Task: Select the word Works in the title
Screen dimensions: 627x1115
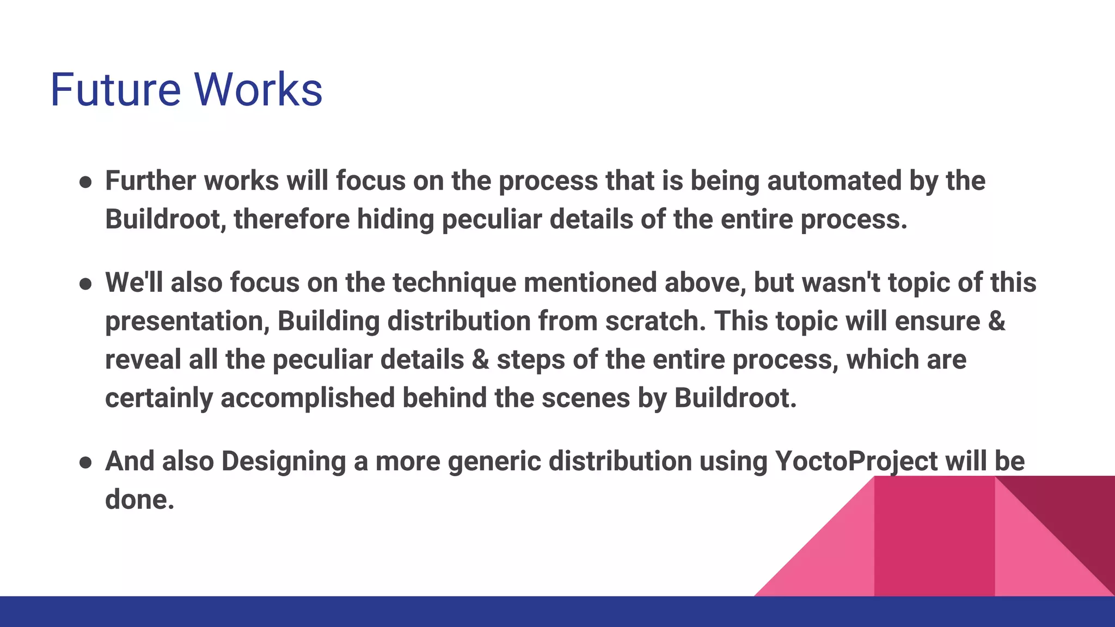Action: tap(258, 89)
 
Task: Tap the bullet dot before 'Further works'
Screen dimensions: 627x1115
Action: tap(85, 182)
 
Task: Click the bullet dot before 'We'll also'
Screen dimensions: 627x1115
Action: tap(85, 284)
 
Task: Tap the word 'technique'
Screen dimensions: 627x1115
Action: tap(454, 283)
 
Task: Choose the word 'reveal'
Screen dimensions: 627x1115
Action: tap(143, 360)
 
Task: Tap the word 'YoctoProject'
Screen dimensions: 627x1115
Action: tap(856, 462)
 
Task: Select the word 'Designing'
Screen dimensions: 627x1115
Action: tap(284, 462)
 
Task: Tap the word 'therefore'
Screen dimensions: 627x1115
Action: tap(291, 219)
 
